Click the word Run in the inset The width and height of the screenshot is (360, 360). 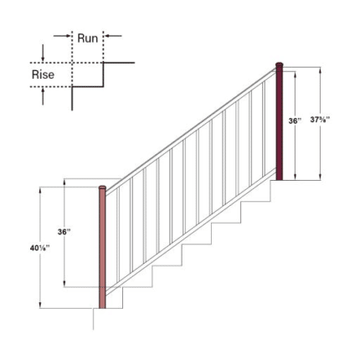point(89,39)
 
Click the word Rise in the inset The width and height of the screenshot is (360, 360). point(44,75)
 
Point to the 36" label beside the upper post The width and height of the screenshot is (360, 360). point(294,121)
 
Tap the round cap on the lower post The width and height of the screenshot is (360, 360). point(103,188)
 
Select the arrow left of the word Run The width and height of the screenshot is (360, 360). point(63,36)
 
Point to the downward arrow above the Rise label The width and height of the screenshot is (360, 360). point(43,54)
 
